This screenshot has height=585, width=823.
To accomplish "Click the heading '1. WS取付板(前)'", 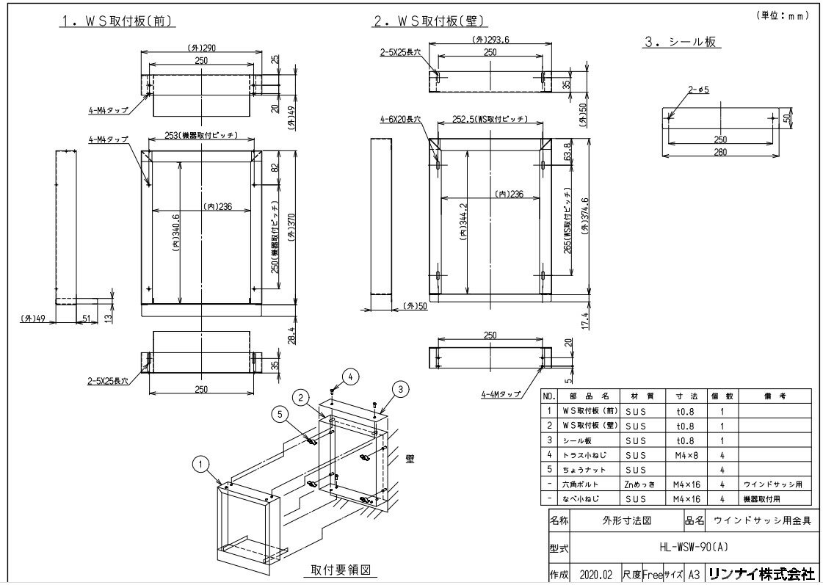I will [x=117, y=21].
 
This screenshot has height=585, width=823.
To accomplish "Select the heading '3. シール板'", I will [x=680, y=43].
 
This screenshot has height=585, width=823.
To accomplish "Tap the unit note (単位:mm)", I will [x=783, y=15].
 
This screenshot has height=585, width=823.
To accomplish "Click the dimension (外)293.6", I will [x=490, y=40].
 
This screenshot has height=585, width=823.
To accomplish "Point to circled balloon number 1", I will [x=200, y=463].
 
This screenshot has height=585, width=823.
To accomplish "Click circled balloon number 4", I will [x=350, y=377].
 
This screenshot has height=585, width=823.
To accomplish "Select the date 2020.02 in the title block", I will [x=595, y=573].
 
